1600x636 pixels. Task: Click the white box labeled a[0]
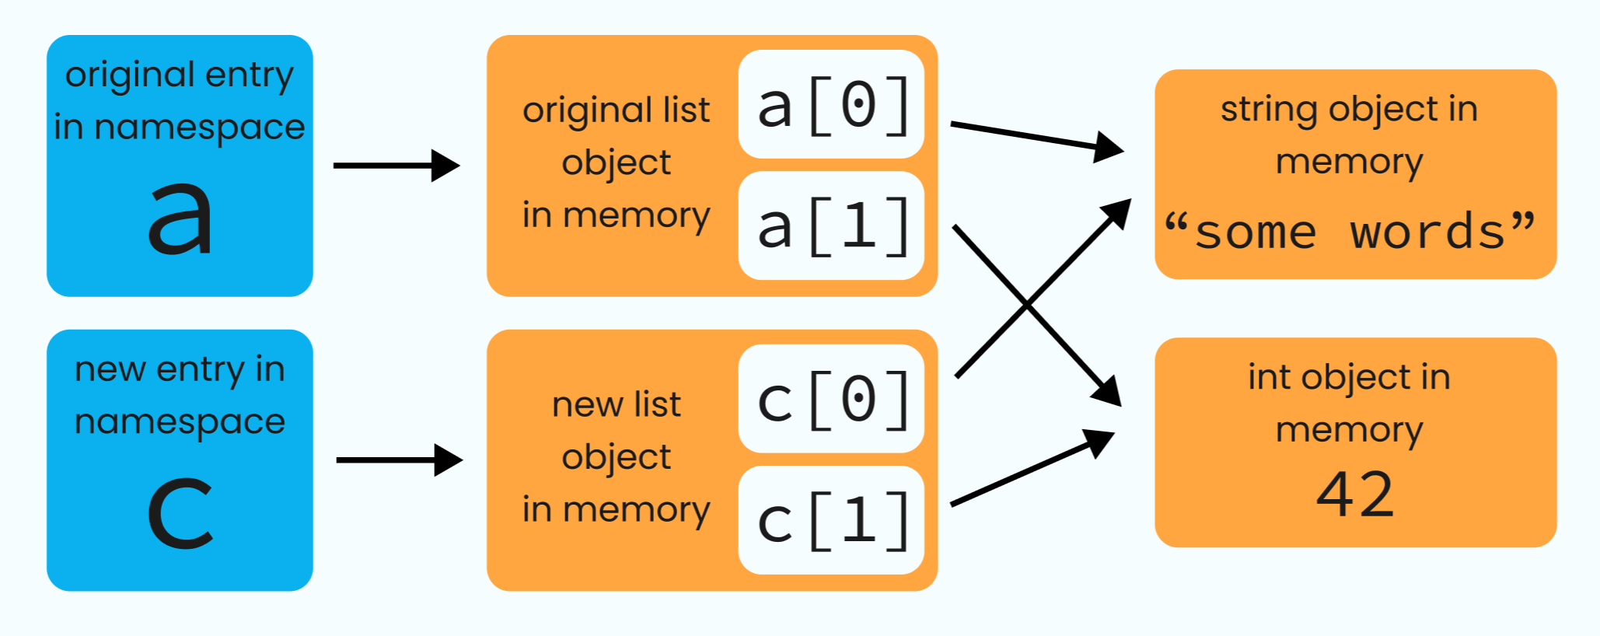pyautogui.click(x=831, y=104)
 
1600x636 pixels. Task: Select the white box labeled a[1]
pyautogui.click(x=831, y=225)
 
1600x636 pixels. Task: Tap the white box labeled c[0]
pyautogui.click(x=831, y=399)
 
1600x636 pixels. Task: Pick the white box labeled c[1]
pyautogui.click(x=831, y=520)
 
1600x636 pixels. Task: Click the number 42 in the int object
pyautogui.click(x=1355, y=494)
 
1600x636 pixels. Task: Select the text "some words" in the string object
pyautogui.click(x=1350, y=232)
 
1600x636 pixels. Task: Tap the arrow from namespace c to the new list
pyautogui.click(x=398, y=460)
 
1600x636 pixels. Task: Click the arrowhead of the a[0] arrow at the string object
pyautogui.click(x=1108, y=146)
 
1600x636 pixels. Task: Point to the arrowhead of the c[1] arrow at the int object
pyautogui.click(x=1099, y=442)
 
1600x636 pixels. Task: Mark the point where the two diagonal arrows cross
pyautogui.click(x=1028, y=305)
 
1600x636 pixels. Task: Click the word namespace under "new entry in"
pyautogui.click(x=180, y=422)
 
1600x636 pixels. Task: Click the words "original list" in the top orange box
pyautogui.click(x=616, y=110)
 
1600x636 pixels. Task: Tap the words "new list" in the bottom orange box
pyautogui.click(x=616, y=404)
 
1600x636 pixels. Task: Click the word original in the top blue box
pyautogui.click(x=130, y=75)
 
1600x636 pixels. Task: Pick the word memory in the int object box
pyautogui.click(x=1349, y=430)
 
